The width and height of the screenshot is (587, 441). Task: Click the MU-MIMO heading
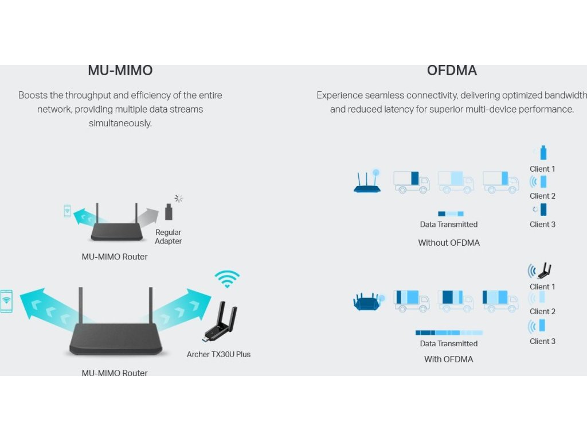point(120,71)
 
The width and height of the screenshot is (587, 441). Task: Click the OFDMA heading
point(452,71)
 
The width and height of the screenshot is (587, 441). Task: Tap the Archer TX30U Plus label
point(218,354)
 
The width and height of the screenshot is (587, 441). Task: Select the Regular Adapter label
point(168,237)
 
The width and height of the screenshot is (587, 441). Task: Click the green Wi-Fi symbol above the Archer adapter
point(228,279)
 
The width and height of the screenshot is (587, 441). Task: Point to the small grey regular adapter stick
point(169,212)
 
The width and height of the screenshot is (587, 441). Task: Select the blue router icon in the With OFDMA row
point(367,301)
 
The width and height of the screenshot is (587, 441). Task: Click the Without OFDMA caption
point(449,243)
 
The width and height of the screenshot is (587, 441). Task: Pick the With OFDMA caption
point(449,359)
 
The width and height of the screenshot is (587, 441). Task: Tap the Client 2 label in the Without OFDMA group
point(542,196)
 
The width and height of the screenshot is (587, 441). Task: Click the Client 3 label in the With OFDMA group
point(542,341)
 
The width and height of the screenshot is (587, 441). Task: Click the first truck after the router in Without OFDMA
point(411,181)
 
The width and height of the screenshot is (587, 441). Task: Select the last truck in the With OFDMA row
point(500,301)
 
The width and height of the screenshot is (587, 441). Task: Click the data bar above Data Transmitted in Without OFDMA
point(451,214)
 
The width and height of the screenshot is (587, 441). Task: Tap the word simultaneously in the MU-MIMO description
point(120,123)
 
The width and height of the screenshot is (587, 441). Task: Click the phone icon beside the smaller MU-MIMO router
point(67,211)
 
